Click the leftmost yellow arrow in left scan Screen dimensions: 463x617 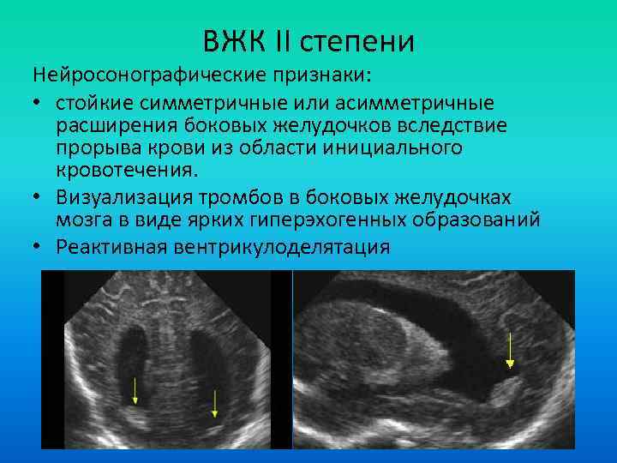pyautogui.click(x=135, y=390)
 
